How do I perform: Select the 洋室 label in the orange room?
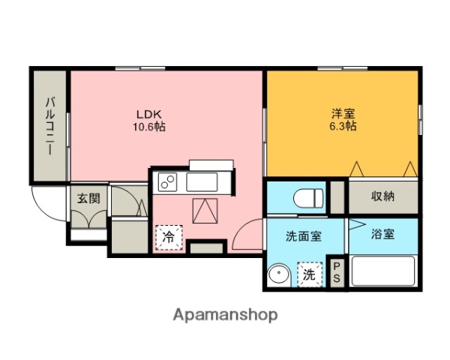[x=343, y=114]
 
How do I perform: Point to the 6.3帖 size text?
[x=343, y=127]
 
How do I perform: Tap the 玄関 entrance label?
[x=88, y=199]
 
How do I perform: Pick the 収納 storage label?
[x=382, y=196]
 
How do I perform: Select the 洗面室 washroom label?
[x=303, y=235]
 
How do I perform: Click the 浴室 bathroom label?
[x=382, y=234]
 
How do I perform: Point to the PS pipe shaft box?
[x=337, y=273]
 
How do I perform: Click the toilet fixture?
[x=307, y=198]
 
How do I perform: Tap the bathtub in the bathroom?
[x=382, y=271]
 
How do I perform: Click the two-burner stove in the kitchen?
[x=166, y=182]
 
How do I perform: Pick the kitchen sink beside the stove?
[x=200, y=182]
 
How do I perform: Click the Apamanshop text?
[x=225, y=315]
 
